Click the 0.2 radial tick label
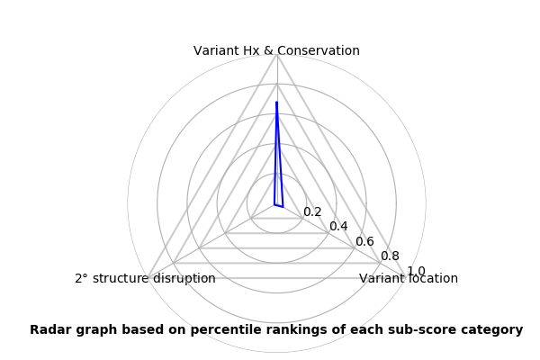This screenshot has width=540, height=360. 312,212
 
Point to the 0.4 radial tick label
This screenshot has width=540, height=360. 338,227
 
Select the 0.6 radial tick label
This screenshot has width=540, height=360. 364,242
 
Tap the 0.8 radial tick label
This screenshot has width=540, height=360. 390,256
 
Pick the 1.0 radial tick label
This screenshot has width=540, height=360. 416,271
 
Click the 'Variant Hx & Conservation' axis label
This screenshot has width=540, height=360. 276,50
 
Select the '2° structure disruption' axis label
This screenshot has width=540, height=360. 145,279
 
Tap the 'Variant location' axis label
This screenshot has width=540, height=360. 409,279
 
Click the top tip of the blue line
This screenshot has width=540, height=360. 276,103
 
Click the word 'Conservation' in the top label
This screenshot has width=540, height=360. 321,50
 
